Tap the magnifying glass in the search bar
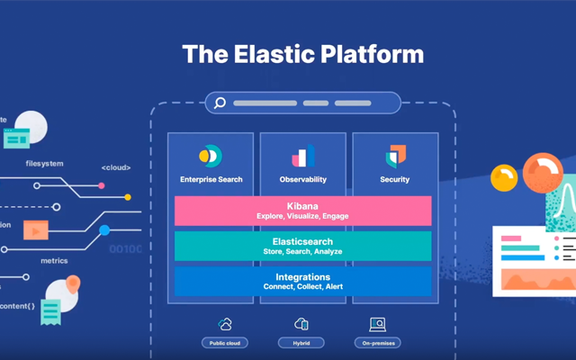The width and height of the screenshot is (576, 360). click(219, 103)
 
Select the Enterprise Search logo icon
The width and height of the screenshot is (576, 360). click(210, 156)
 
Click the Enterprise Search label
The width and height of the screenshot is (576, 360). click(211, 180)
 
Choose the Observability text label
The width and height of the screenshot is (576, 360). click(302, 180)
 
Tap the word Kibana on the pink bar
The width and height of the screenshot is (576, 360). click(302, 206)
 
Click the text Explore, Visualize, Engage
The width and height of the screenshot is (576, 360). click(302, 217)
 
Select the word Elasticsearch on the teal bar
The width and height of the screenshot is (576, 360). click(302, 241)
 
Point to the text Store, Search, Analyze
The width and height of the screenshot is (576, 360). click(302, 252)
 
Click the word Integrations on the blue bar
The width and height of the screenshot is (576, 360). click(302, 276)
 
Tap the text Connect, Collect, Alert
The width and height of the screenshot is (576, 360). click(302, 287)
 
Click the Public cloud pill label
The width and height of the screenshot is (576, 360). click(225, 343)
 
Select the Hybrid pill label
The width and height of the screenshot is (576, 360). click(302, 343)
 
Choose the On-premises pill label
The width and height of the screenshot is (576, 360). click(378, 343)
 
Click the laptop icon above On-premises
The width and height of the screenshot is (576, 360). click(378, 324)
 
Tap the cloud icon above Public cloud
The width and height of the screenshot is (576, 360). click(225, 324)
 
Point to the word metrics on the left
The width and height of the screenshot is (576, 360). click(54, 261)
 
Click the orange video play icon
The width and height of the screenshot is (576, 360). click(36, 229)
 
